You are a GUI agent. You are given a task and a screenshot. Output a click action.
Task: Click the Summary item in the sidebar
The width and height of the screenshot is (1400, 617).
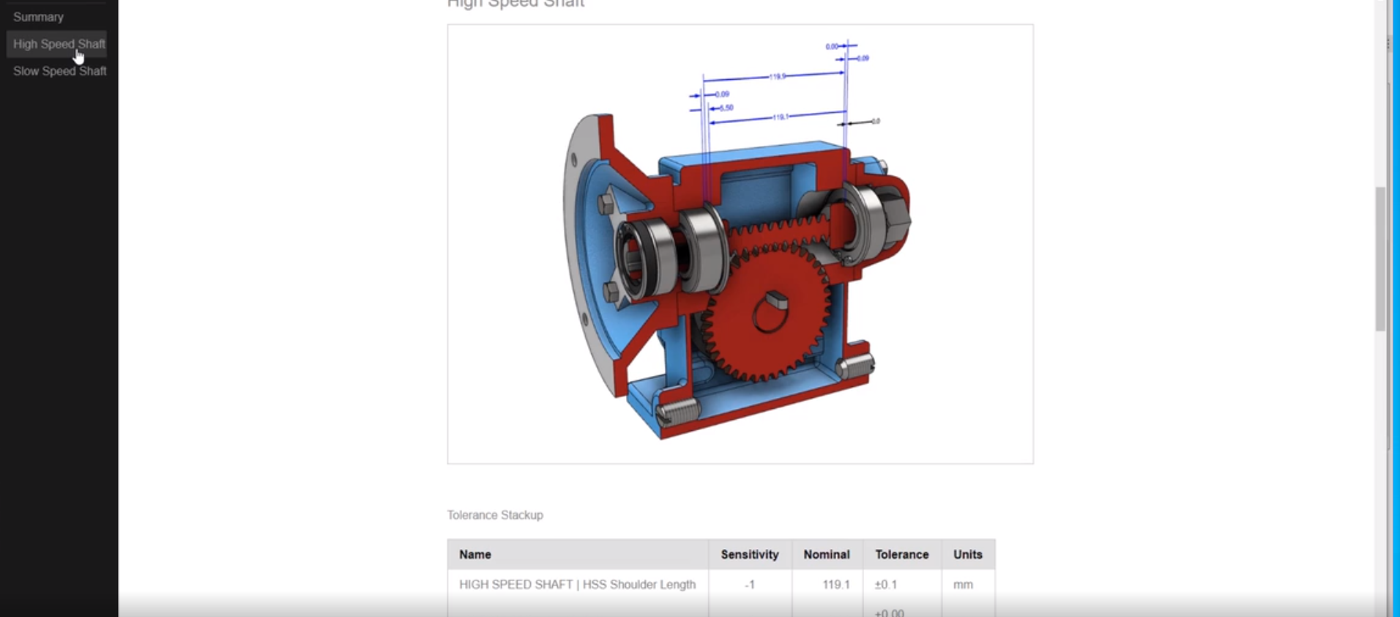(x=38, y=17)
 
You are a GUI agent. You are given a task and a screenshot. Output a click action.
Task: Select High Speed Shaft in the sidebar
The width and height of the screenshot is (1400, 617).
(x=59, y=44)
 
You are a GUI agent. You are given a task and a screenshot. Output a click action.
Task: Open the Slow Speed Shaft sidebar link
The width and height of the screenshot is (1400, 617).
(x=59, y=71)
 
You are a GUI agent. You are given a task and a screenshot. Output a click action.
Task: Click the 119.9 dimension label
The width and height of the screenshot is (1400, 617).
(x=777, y=76)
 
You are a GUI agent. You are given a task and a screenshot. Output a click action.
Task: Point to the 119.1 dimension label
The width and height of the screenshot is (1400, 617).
(x=781, y=117)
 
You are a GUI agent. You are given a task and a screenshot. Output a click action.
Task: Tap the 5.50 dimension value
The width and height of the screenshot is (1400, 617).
(x=726, y=108)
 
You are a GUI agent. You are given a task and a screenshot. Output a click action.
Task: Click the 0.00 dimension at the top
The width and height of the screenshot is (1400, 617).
(x=832, y=46)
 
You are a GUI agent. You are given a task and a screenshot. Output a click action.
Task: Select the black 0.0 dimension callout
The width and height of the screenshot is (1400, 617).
(x=875, y=121)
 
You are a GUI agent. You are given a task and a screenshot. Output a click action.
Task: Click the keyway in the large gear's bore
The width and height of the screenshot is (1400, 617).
(x=776, y=299)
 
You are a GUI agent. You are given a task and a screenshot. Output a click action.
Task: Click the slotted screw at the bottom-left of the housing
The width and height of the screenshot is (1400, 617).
(x=678, y=412)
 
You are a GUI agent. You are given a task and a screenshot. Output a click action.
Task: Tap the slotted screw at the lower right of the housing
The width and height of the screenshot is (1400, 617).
(x=857, y=364)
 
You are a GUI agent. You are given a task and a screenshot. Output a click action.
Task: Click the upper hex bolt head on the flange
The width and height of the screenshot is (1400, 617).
(x=606, y=203)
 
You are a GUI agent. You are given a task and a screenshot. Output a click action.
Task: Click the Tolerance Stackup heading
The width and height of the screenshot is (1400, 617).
(x=495, y=515)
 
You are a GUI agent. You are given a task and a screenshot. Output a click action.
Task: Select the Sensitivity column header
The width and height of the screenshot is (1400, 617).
(x=749, y=555)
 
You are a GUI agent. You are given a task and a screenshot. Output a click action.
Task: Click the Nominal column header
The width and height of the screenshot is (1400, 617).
(x=826, y=555)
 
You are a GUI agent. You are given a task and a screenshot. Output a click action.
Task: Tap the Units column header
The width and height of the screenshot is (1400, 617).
(x=967, y=555)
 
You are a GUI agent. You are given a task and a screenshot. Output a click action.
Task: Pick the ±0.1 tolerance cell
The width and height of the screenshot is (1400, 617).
(x=885, y=585)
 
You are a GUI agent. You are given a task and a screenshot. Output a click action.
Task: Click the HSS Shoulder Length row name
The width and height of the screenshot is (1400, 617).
(x=577, y=585)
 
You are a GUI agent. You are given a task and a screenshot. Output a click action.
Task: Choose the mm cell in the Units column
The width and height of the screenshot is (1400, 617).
(x=963, y=585)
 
